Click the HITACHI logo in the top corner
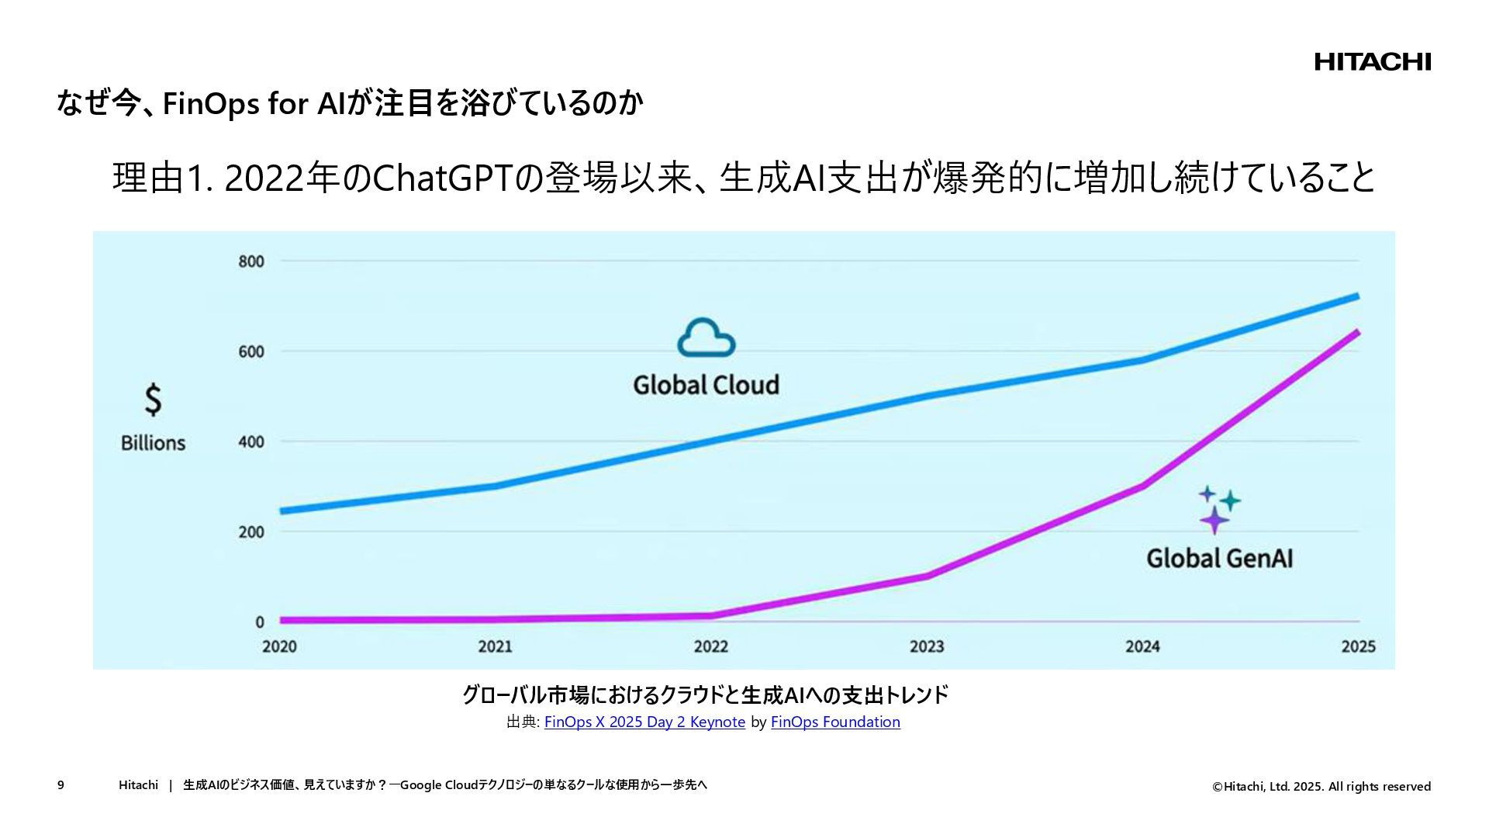tap(1372, 62)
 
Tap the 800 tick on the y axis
tap(251, 261)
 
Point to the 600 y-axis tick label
tap(251, 351)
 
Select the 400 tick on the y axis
tap(251, 442)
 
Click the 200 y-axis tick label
tap(251, 532)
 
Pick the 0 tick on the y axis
tap(260, 622)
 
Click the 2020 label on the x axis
tap(279, 646)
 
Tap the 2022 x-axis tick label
tap(711, 646)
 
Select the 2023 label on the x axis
tap(927, 646)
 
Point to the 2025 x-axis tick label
tap(1358, 646)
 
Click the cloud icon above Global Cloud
tap(706, 338)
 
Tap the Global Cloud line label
tap(706, 385)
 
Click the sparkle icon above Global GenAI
tap(1218, 509)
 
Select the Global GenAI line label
tap(1219, 559)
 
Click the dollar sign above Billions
tap(154, 400)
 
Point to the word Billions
tap(154, 443)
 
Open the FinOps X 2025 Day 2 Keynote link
tap(644, 722)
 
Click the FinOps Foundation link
tap(835, 722)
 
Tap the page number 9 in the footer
tap(60, 785)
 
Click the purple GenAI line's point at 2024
tap(1142, 487)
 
